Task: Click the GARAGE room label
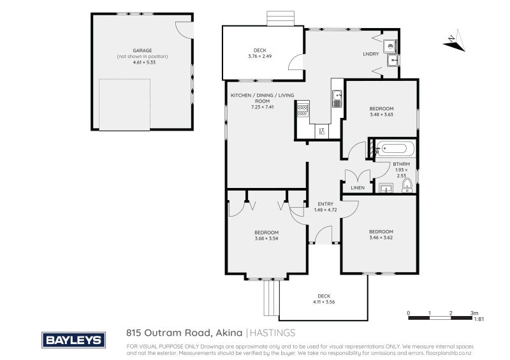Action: (142, 50)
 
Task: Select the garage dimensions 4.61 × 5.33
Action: (142, 63)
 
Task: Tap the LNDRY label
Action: (370, 54)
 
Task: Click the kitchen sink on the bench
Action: (337, 99)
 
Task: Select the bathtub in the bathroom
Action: (395, 150)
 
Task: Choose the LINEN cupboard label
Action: (357, 188)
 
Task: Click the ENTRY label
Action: (325, 204)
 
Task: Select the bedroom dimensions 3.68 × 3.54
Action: (266, 238)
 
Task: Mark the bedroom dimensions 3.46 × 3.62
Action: (381, 238)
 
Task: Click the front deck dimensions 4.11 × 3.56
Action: (324, 302)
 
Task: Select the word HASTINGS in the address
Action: (272, 333)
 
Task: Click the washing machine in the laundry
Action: (390, 45)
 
